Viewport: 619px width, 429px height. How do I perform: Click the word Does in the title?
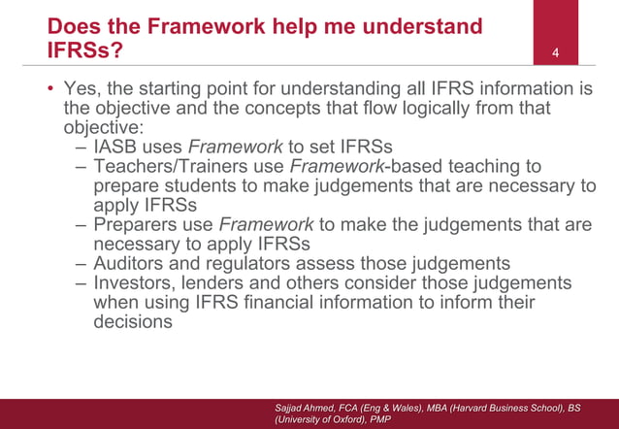pos(75,25)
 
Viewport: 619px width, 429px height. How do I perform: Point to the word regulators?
pos(253,264)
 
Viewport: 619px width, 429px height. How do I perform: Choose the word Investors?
pos(136,283)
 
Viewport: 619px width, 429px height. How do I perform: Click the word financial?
pos(285,303)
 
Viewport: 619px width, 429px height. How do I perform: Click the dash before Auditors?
pos(80,264)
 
